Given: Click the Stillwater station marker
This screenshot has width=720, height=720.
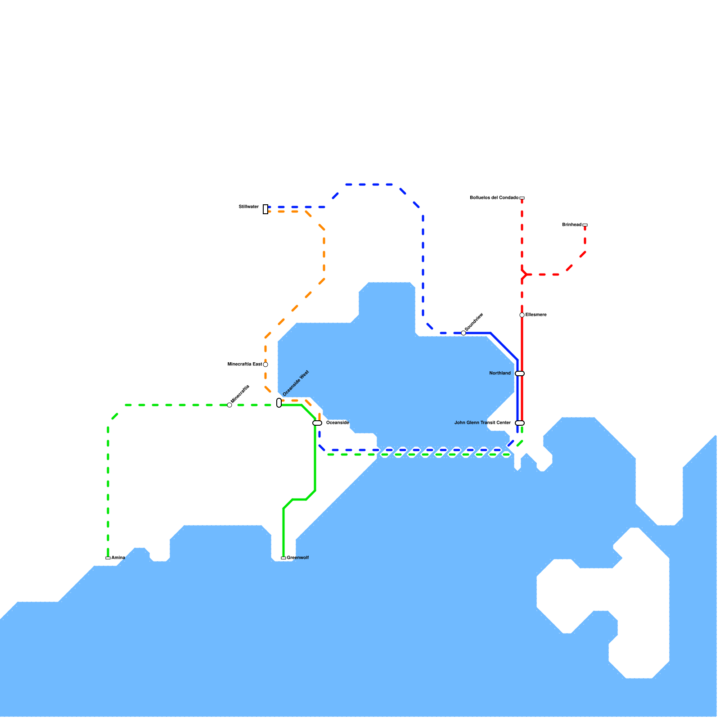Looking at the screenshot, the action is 265,209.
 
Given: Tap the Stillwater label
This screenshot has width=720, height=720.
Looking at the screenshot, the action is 249,207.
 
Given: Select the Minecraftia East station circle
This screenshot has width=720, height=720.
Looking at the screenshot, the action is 265,364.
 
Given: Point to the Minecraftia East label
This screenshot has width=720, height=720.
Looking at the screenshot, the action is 245,364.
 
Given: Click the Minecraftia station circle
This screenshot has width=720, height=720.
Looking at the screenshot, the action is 229,405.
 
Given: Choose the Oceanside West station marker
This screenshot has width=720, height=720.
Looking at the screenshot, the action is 279,403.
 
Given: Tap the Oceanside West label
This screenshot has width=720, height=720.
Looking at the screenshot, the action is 296,383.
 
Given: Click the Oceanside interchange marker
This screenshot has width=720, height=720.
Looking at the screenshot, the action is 317,423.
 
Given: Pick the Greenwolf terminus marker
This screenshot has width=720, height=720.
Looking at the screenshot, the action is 283,558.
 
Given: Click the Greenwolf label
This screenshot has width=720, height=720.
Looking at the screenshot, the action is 298,558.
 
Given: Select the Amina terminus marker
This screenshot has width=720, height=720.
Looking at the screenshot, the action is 108,558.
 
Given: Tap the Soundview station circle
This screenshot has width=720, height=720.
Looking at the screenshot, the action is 463,333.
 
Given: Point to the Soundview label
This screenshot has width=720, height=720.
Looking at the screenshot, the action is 474,322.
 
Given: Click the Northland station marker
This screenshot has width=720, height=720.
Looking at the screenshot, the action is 520,373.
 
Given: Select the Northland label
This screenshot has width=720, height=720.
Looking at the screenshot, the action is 500,373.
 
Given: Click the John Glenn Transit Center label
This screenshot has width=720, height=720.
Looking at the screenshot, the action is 482,423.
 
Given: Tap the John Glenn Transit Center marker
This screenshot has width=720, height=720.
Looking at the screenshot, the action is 520,423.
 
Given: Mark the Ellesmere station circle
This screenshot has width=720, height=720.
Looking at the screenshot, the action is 522,315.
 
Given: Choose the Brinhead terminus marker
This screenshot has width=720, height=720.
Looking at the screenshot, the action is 585,225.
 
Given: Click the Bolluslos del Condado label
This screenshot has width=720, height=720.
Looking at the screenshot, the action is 494,198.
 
